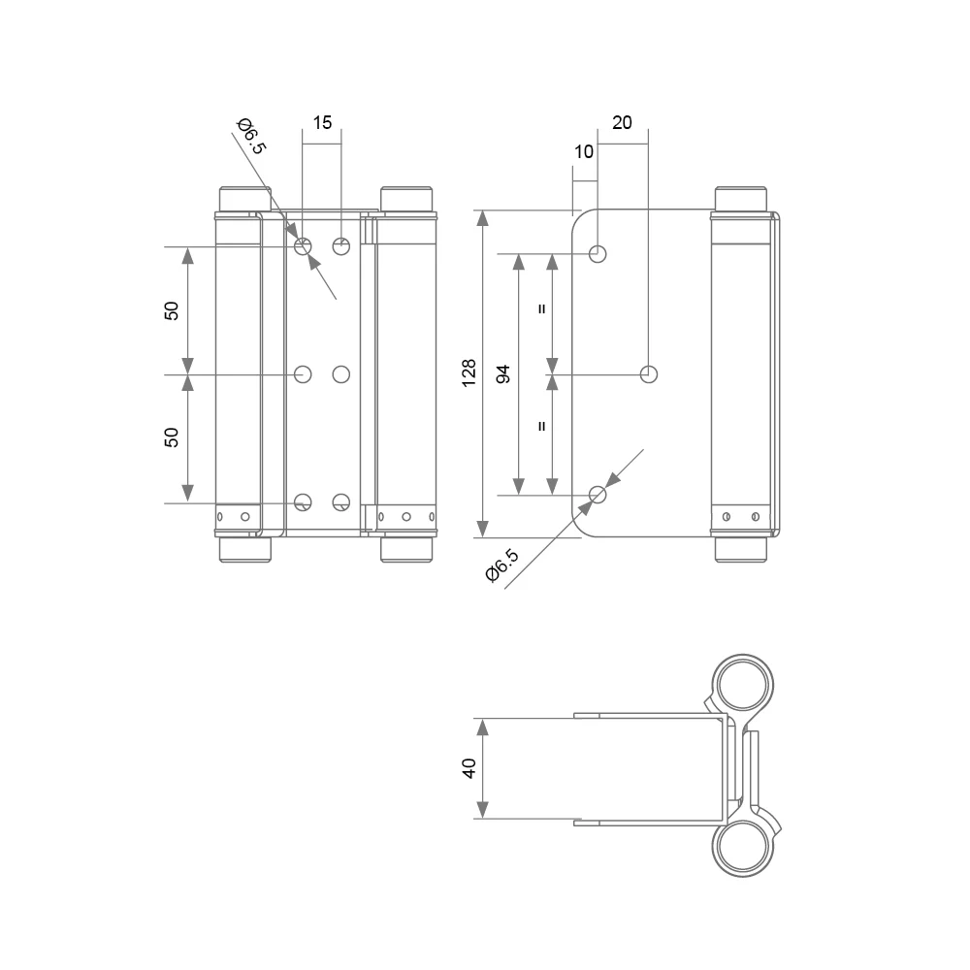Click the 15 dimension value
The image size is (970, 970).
tap(322, 122)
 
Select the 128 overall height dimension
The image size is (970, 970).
tap(469, 373)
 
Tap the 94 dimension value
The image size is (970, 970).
tap(503, 373)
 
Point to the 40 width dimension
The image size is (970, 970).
tap(469, 768)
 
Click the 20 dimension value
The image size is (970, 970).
tap(622, 122)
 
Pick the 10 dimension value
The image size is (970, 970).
tap(583, 151)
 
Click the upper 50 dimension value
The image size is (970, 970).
tap(172, 310)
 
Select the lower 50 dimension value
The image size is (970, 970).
tap(172, 437)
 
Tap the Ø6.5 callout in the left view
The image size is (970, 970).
tap(251, 136)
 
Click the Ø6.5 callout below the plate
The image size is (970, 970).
tap(502, 566)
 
